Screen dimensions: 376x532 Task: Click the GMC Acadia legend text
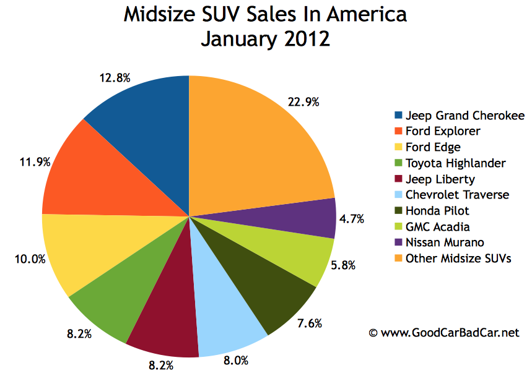437,227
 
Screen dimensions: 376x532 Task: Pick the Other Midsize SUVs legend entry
458,259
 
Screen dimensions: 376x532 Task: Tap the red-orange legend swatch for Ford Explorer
398,131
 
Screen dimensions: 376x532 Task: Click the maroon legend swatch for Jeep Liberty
398,179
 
